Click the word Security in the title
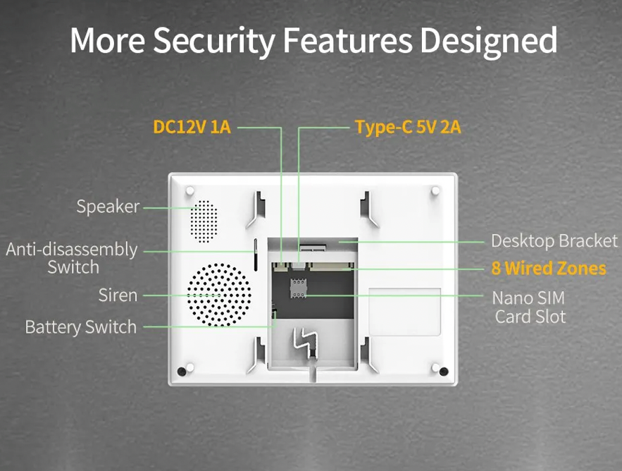tap(214, 41)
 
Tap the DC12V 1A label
tap(192, 127)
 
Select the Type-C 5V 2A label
tap(408, 128)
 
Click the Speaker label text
tap(108, 207)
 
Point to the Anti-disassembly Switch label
tap(72, 258)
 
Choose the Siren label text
tap(118, 295)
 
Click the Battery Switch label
tap(81, 327)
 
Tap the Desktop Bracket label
tap(554, 241)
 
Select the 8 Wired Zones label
tap(549, 269)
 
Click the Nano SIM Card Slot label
tap(529, 307)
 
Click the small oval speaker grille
tap(204, 221)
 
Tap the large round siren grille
tap(219, 295)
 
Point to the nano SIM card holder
tap(298, 288)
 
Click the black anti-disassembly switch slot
tap(256, 255)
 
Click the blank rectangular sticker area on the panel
tap(404, 312)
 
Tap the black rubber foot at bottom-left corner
tap(182, 372)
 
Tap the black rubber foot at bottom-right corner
tap(444, 372)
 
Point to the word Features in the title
tap(347, 40)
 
